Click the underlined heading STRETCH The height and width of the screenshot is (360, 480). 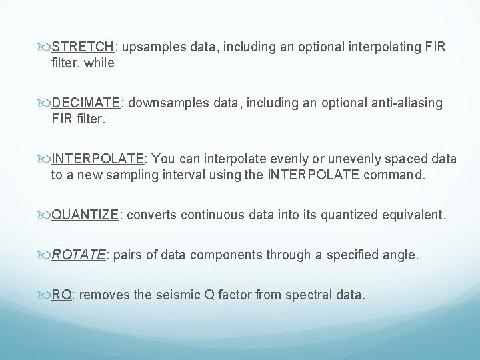click(83, 48)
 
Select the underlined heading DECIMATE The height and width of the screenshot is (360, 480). click(86, 103)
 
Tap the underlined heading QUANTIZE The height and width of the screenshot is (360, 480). click(85, 215)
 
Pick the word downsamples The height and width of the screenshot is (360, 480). click(163, 103)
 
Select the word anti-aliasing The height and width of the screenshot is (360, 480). click(404, 103)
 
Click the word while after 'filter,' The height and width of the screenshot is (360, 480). click(100, 64)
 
